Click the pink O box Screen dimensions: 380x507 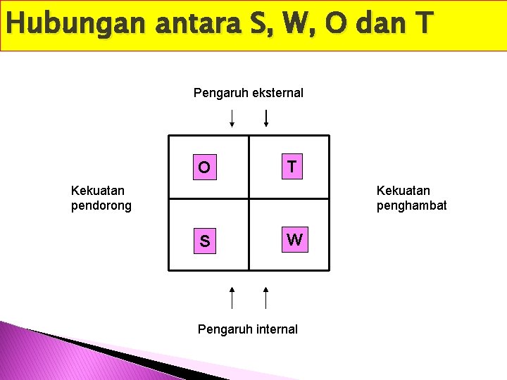pos(204,167)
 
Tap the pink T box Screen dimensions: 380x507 pos(292,167)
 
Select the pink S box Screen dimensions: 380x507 pos(204,241)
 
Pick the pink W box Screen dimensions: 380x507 pos(295,240)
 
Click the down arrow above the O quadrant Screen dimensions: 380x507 pos(232,118)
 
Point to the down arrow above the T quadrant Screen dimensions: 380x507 pos(265,118)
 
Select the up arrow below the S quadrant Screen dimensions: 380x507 pos(232,297)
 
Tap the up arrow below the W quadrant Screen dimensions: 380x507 pos(265,297)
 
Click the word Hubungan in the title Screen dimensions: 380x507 pos(63,25)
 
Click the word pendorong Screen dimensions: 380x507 pos(101,205)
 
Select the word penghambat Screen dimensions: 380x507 pos(412,205)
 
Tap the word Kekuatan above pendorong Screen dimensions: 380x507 pos(98,190)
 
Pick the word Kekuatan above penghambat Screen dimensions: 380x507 pos(403,190)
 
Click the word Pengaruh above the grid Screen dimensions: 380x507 pos(216,93)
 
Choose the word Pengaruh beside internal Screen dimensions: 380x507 pos(221,329)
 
